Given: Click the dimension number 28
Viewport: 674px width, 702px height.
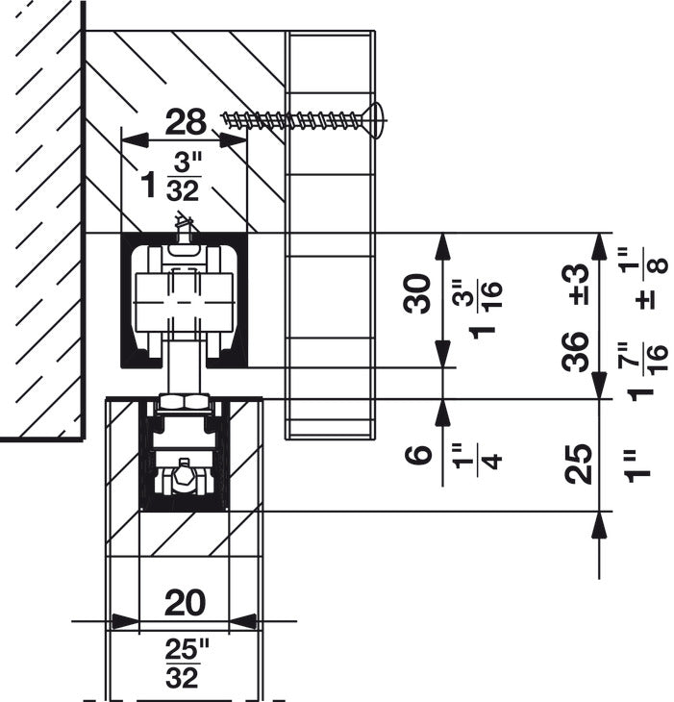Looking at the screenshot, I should [x=186, y=122].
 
